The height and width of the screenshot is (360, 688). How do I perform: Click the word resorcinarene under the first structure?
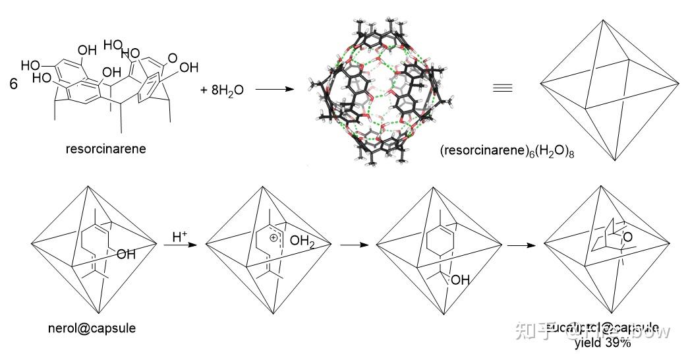[x=105, y=148]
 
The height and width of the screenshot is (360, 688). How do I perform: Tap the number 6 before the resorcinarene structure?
[x=14, y=84]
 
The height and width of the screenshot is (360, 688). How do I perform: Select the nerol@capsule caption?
[x=93, y=328]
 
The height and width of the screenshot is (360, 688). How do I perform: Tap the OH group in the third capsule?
[x=460, y=280]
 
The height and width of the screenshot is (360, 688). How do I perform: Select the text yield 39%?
[x=603, y=342]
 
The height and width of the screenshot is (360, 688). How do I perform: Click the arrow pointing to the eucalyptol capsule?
[x=524, y=246]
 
